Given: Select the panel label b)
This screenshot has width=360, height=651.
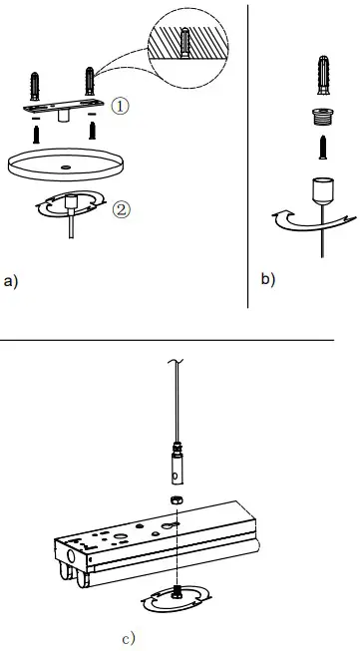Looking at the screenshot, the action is (268, 279).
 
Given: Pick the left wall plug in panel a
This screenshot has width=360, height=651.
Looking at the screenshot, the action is (36, 81).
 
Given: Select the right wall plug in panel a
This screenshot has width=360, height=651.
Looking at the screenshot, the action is (93, 79).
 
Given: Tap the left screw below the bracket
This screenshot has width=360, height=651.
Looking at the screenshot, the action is (36, 132).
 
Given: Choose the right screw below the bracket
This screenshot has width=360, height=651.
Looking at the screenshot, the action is (93, 131).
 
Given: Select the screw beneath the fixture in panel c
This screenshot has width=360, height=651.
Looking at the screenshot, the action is (176, 594).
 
